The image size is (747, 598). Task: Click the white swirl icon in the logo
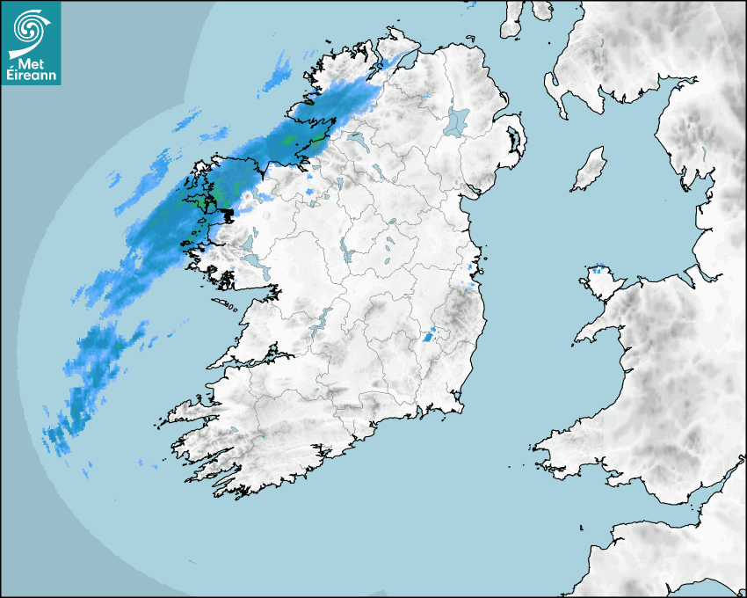pos(29,29)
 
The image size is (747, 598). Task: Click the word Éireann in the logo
pos(31,77)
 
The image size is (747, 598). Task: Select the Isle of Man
pos(591,169)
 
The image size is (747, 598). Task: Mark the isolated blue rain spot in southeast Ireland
pos(428,335)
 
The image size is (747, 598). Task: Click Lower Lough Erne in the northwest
pos(359,141)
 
